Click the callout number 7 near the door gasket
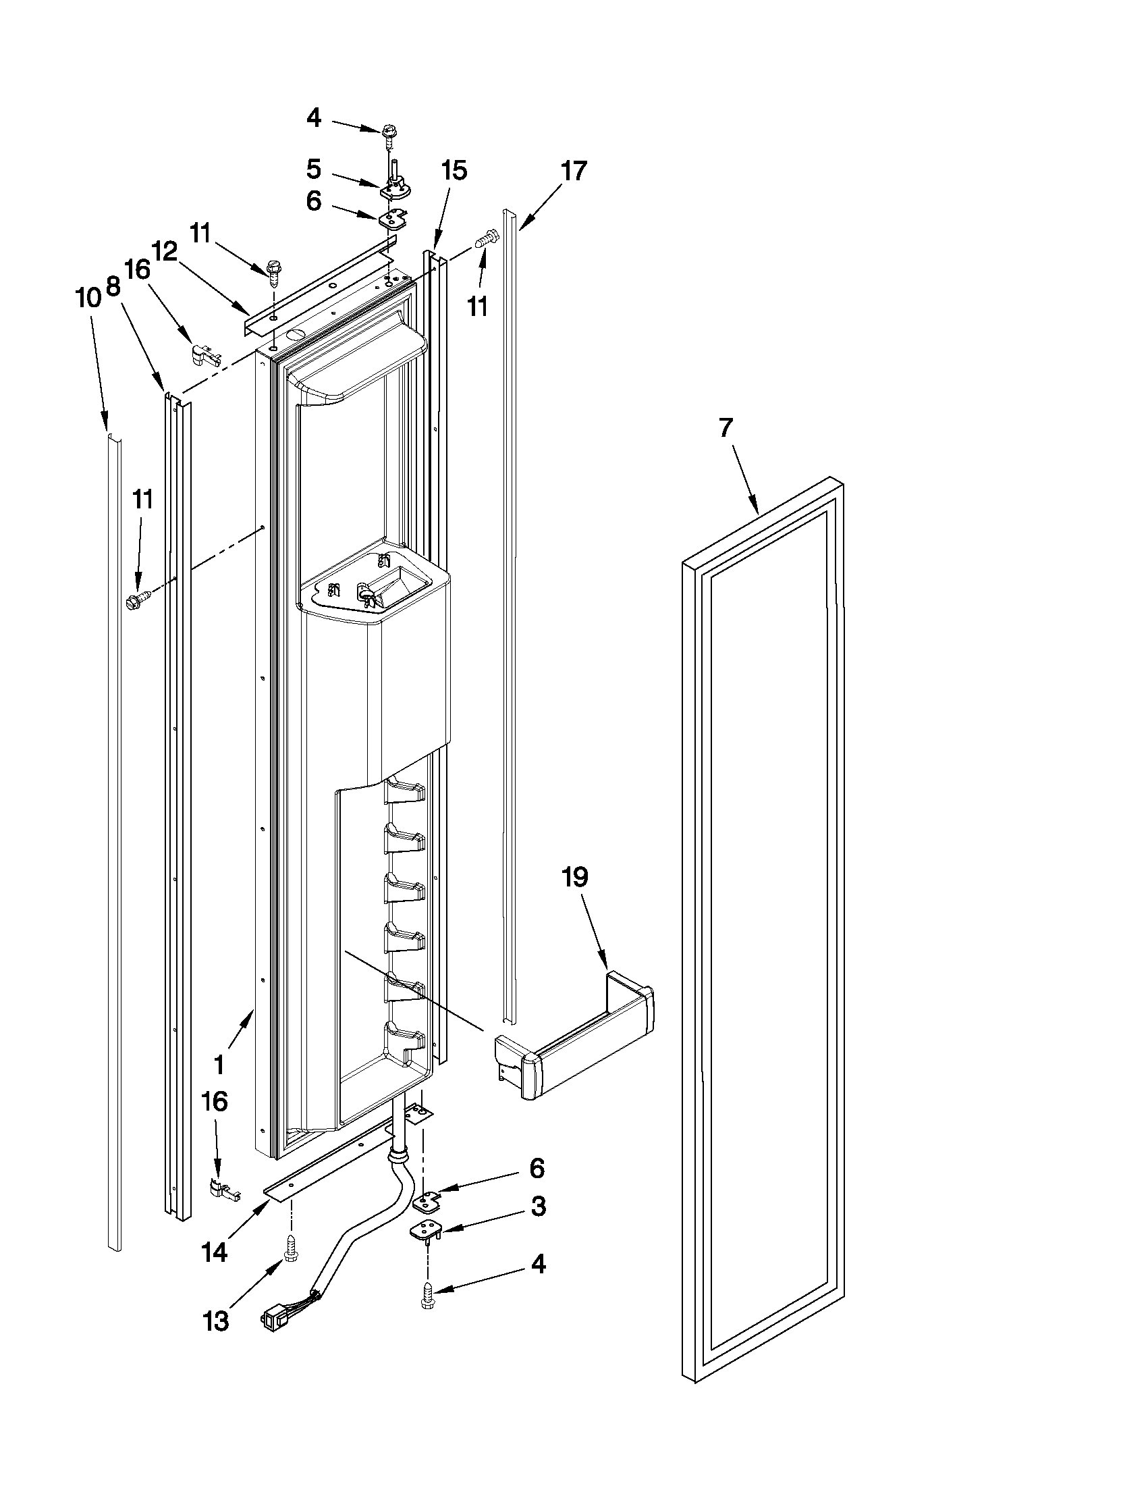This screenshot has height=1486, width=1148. coord(726,428)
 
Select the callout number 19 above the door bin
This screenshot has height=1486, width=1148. coord(575,878)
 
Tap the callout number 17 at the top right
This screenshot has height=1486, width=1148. coord(573,171)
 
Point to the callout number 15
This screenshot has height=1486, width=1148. coord(454,171)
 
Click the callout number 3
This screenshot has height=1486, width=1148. coord(538,1206)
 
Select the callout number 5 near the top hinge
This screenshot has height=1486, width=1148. coord(313,168)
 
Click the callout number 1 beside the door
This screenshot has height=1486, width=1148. coord(219,1064)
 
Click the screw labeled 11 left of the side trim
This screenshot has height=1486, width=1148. coord(137,600)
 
